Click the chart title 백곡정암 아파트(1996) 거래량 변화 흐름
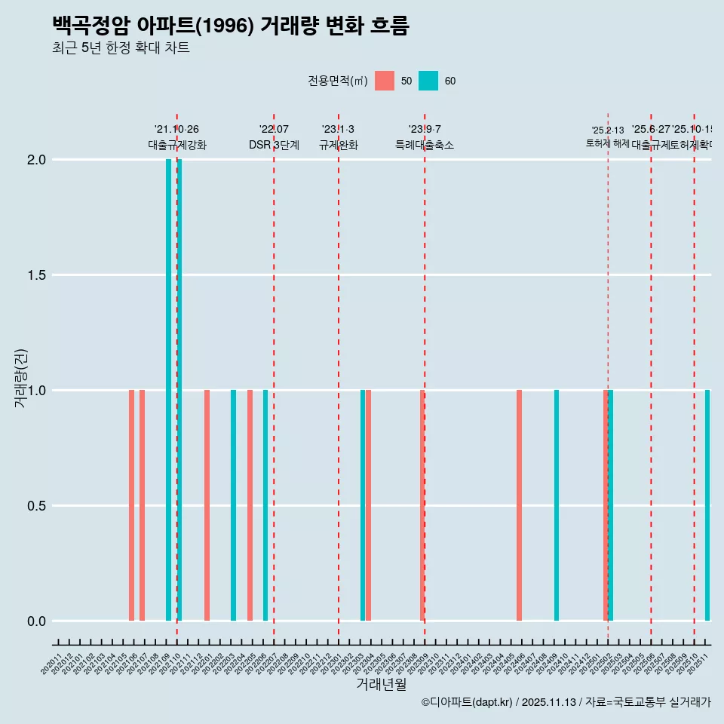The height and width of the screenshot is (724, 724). click(230, 26)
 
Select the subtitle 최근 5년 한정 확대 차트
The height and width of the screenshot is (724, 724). click(121, 48)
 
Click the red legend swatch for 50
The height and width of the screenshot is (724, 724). click(385, 81)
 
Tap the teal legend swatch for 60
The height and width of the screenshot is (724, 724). click(428, 81)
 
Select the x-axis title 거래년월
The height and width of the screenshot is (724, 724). click(381, 685)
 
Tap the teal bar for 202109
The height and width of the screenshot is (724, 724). click(169, 390)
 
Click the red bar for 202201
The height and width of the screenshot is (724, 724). click(207, 505)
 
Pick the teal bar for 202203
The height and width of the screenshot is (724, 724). click(234, 505)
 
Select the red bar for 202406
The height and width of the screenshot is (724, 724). click(519, 505)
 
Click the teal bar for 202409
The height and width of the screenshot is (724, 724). click(557, 505)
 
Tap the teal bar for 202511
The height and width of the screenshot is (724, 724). click(707, 505)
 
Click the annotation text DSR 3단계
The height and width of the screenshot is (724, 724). click(274, 146)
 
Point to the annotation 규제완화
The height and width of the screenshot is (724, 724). click(338, 146)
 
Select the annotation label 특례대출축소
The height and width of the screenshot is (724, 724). click(425, 146)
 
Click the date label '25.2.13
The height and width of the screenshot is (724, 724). click(608, 130)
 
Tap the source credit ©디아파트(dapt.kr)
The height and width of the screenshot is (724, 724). click(468, 702)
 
